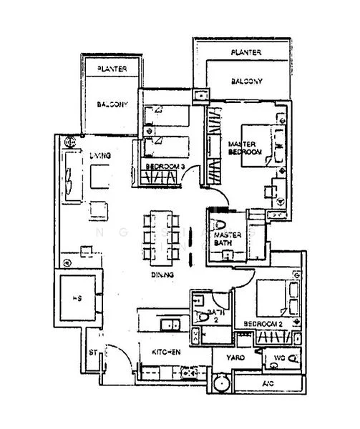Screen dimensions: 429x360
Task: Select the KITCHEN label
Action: tap(165, 352)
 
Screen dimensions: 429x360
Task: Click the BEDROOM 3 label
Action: tap(165, 167)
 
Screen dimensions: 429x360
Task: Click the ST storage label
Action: tap(92, 352)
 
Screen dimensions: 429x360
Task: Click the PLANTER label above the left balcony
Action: tap(109, 70)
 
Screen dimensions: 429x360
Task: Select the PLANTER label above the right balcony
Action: tap(245, 53)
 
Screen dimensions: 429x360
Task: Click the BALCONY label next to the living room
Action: tap(112, 104)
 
